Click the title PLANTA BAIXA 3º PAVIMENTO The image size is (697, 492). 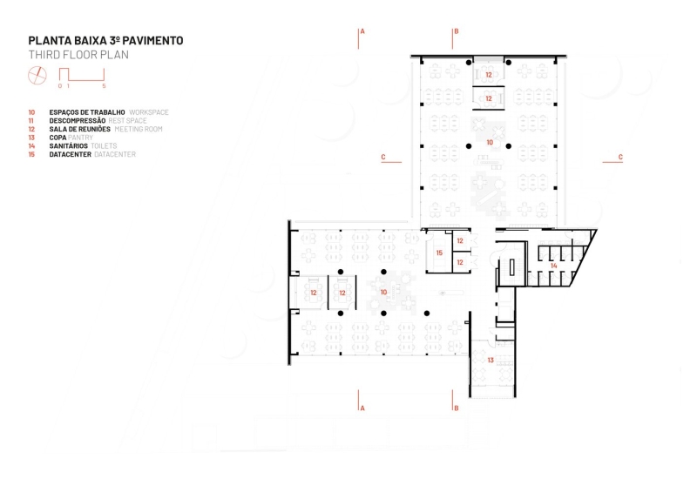point(105,40)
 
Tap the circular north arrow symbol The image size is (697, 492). point(37,77)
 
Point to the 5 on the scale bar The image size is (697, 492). point(104,87)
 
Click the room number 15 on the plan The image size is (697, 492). point(440,253)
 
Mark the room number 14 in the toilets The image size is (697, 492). point(553,266)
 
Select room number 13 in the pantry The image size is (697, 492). point(491,360)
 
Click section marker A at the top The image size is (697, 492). point(362,31)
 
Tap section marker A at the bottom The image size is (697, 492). point(362,407)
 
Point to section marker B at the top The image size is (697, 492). point(455,31)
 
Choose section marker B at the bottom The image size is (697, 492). point(455,407)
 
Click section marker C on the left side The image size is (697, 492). point(383,157)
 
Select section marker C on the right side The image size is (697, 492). point(619,157)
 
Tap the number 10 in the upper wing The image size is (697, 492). point(490,141)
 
